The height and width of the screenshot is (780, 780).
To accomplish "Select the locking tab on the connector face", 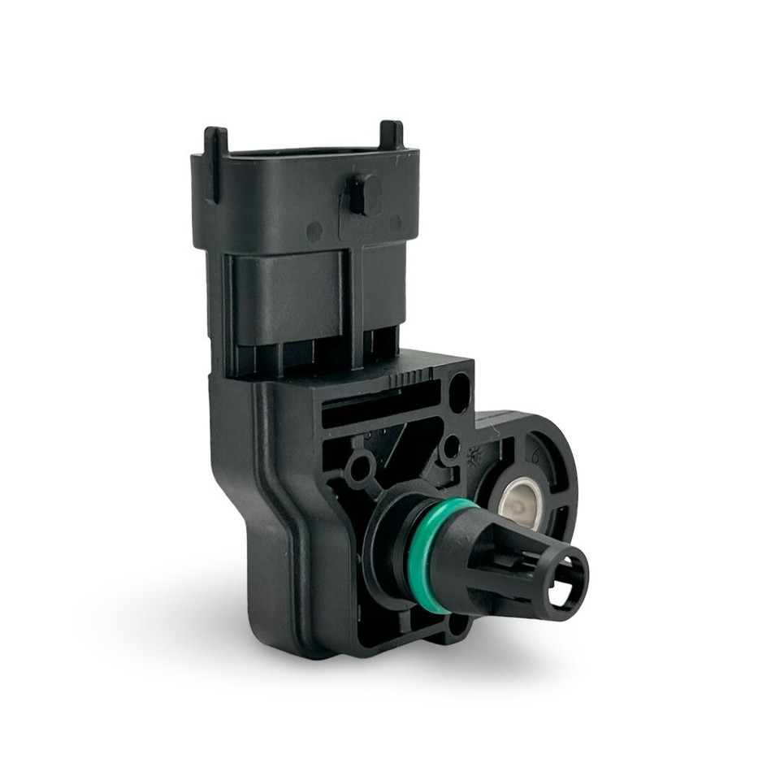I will coord(365,195).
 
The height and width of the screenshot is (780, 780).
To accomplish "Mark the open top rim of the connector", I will coord(305,153).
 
